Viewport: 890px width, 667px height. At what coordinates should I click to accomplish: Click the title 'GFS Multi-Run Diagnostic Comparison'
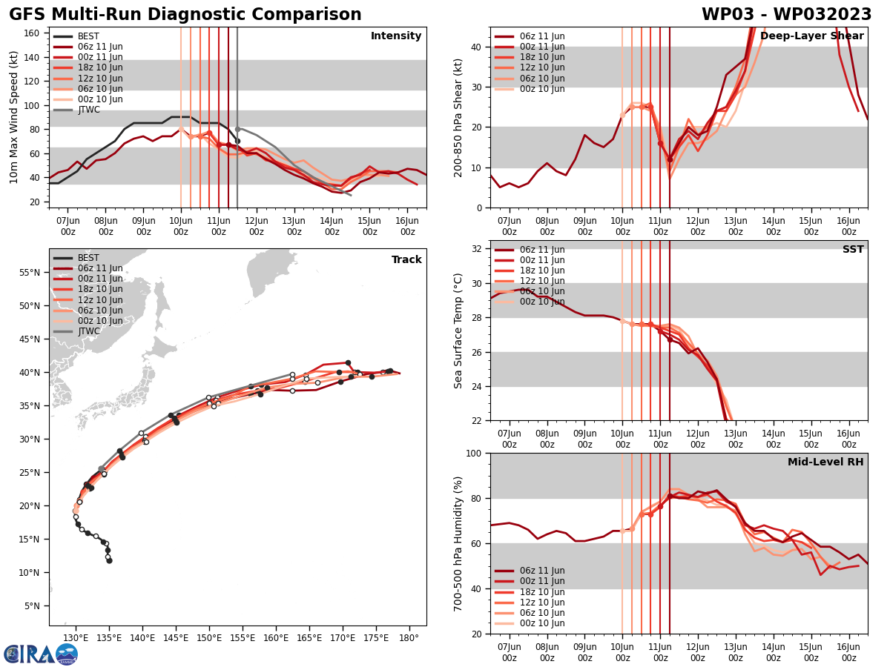(x=185, y=15)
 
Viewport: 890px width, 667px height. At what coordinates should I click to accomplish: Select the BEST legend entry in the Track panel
(x=88, y=258)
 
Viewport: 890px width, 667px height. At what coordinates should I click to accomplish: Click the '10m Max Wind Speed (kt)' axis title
(x=14, y=117)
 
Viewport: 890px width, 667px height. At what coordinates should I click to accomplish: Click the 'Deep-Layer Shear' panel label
(x=811, y=36)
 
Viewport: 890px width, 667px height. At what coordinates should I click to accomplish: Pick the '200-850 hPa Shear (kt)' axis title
(x=458, y=117)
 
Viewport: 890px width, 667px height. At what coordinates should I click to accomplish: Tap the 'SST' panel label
(x=853, y=250)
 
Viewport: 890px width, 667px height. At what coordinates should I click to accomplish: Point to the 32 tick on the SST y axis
(x=478, y=249)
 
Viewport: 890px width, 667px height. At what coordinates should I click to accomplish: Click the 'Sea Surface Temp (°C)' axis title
(x=458, y=331)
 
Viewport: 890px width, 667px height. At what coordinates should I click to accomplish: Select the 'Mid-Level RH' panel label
(x=825, y=462)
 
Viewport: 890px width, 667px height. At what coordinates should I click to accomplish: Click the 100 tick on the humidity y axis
(x=475, y=453)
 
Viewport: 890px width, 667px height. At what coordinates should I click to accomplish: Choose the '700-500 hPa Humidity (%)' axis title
(x=458, y=543)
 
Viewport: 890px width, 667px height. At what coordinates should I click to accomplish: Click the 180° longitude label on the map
(x=409, y=638)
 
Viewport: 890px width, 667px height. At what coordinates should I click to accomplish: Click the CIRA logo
(x=41, y=654)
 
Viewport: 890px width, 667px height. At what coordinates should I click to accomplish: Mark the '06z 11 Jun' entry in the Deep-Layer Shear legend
(x=541, y=36)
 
